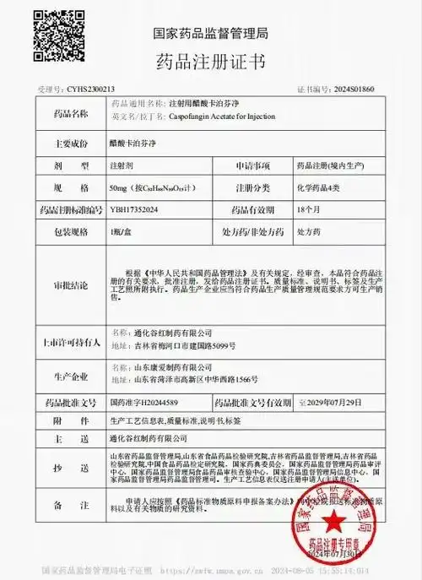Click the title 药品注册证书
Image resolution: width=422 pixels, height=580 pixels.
[x=210, y=62]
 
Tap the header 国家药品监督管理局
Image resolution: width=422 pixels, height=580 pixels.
[x=210, y=33]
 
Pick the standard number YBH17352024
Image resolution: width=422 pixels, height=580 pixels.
[x=134, y=208]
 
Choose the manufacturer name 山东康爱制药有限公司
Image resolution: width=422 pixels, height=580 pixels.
[x=165, y=367]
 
